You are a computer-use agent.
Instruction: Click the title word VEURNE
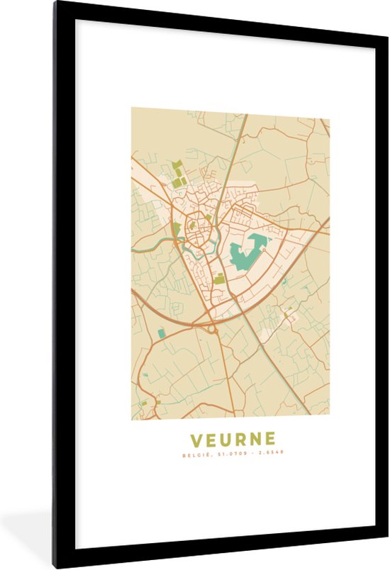pos(230,439)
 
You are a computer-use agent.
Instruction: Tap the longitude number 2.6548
pos(269,454)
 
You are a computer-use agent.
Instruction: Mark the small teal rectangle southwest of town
pos(161,332)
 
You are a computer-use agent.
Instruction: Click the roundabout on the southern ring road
pos(211,328)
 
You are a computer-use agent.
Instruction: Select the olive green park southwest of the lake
pos(220,279)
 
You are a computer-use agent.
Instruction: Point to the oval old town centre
pos(195,231)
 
